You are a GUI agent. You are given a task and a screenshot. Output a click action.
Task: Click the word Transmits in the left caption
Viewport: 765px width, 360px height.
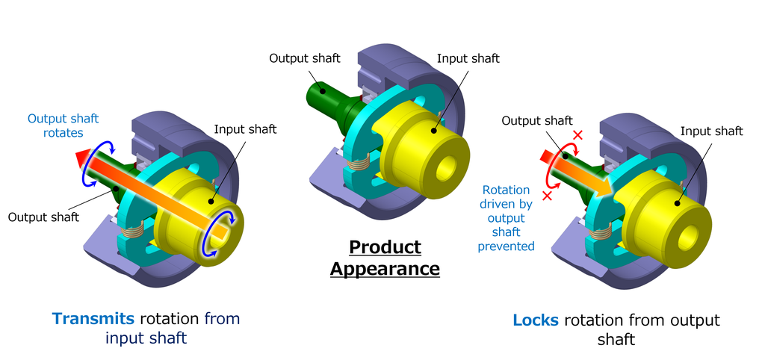(93, 319)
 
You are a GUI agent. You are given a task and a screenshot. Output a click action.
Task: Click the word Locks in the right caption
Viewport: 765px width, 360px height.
(536, 320)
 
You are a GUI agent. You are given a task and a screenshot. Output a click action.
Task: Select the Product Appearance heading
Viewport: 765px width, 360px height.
(385, 258)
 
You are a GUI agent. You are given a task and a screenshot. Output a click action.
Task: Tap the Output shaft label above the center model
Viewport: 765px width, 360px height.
(305, 58)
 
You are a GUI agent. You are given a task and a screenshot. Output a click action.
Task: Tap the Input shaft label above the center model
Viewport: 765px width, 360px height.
(468, 58)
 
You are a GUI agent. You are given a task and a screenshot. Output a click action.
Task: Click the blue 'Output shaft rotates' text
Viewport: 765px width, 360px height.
(63, 125)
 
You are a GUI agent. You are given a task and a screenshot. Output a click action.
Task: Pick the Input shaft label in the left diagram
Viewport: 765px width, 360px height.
(245, 129)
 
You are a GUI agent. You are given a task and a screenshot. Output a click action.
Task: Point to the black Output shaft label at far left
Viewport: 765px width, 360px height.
(43, 217)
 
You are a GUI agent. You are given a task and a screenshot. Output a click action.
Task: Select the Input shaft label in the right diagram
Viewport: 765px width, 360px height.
(711, 131)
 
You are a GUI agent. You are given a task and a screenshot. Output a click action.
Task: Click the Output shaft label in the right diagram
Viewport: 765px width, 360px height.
(536, 120)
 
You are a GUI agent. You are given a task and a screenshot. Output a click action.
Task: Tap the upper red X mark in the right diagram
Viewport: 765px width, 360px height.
(576, 134)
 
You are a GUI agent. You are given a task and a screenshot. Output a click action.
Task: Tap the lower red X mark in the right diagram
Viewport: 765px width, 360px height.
(547, 195)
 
